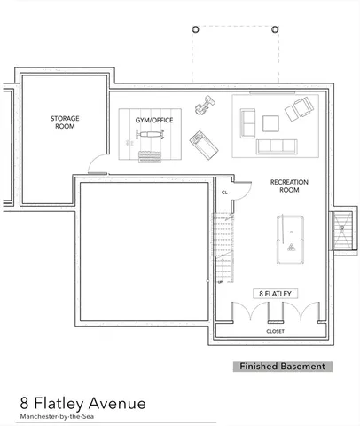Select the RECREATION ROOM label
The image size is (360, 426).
point(289,185)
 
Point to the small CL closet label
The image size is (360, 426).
point(225,192)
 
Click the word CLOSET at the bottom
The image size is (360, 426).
point(275,331)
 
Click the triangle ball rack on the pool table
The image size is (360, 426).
point(289,246)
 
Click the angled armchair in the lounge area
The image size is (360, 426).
point(299,111)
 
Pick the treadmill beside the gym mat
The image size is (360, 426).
point(202,141)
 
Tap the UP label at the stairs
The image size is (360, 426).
point(220,282)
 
